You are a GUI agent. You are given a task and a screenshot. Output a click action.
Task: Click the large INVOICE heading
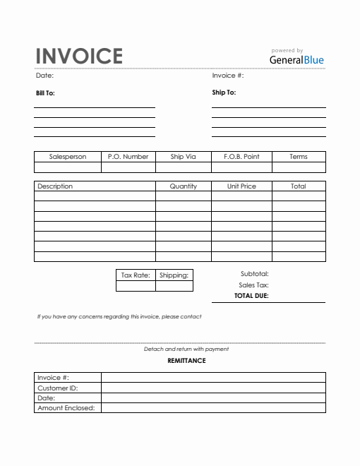pos(79,56)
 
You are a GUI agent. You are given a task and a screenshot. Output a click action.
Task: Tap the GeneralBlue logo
pos(296,60)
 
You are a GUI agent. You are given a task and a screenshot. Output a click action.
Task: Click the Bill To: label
pos(45,92)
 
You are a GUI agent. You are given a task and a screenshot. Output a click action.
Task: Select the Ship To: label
pos(224,92)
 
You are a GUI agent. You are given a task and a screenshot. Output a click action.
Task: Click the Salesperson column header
pos(68,157)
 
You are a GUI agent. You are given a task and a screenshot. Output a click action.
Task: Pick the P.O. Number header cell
pos(128,157)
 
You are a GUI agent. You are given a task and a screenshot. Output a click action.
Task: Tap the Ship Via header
pos(183,157)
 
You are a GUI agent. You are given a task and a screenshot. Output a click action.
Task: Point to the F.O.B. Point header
pos(241,157)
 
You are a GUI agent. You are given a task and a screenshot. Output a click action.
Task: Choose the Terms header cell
pos(299,157)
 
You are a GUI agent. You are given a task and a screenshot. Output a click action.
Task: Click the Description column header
pos(55,186)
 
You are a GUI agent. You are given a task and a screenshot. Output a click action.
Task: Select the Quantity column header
pos(183,186)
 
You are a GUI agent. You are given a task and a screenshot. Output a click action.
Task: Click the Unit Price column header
pos(241,186)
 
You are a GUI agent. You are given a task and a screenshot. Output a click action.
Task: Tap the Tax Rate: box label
pos(136,275)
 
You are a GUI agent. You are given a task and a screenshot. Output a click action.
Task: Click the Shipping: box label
pos(174,275)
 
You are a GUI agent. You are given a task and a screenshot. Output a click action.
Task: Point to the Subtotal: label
pos(254,274)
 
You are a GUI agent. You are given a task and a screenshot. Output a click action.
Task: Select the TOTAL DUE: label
pos(251,297)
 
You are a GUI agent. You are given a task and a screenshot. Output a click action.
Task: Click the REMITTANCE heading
pos(186,361)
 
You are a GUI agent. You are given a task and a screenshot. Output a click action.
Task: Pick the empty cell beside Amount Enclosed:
pos(213,407)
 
